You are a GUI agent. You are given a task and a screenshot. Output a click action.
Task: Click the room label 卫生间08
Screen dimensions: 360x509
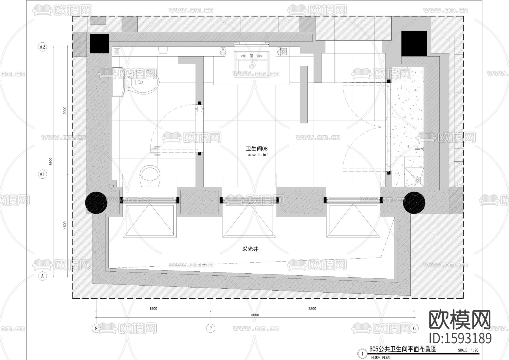tap(256, 149)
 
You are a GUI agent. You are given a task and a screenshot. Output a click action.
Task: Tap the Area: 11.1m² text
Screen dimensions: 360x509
tap(258, 155)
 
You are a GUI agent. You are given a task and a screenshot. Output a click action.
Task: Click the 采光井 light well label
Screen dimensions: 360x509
tap(250, 249)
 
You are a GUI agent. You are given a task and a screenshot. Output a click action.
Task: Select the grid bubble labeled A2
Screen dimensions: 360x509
tap(42, 47)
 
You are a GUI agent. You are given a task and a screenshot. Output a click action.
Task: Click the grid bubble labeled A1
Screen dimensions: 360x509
tap(42, 174)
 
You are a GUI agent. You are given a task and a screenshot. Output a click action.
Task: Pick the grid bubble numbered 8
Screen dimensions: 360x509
tap(96, 328)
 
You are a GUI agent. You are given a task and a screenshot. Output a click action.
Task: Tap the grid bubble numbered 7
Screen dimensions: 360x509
tap(211, 328)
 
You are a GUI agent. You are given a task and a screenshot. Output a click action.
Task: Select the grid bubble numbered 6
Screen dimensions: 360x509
tap(414, 328)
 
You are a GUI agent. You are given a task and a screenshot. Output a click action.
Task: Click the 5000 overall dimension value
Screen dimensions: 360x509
tap(255, 315)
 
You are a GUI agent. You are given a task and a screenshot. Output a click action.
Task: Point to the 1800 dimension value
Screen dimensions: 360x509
tap(153, 308)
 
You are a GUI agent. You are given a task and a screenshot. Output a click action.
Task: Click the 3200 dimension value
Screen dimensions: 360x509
tap(312, 308)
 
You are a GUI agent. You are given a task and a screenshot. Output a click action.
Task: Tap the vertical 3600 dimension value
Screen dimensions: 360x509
tap(51, 161)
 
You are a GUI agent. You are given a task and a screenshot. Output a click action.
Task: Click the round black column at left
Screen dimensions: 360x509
tap(96, 202)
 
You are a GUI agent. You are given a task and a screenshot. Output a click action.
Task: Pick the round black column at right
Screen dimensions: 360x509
tap(414, 202)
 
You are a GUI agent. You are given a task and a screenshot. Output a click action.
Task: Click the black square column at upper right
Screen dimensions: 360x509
tap(414, 44)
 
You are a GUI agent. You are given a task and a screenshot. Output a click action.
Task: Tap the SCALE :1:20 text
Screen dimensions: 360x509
tap(468, 350)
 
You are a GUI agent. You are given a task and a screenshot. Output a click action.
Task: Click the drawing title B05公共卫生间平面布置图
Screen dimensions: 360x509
tap(403, 349)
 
